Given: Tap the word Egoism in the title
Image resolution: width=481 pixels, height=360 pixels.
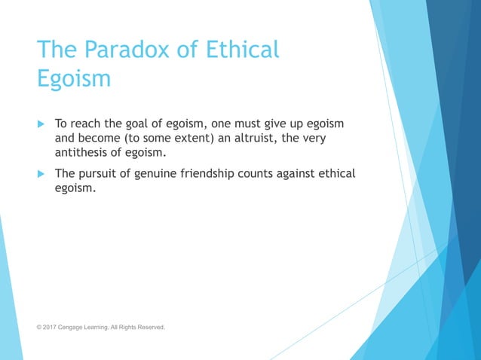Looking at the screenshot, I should [74, 78].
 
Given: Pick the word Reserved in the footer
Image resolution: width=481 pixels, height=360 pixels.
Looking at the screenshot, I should [150, 328].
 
